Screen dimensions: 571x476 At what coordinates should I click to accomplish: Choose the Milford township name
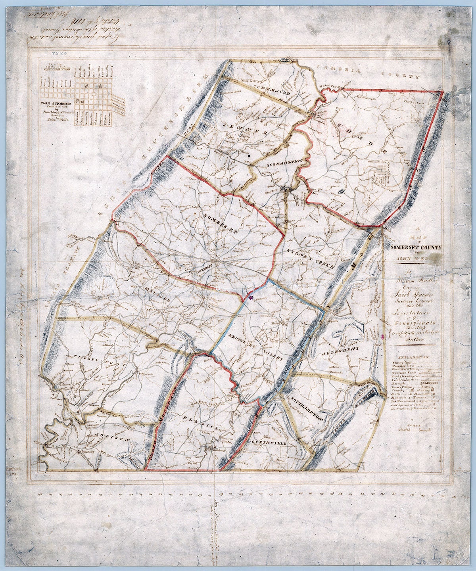pyautogui.click(x=157, y=293)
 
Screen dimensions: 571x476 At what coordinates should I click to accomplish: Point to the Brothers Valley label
pyautogui.click(x=256, y=347)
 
